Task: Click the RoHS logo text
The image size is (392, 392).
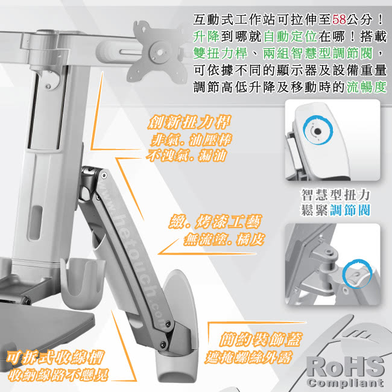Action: tap(345, 367)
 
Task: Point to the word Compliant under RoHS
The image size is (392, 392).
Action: tap(345, 382)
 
